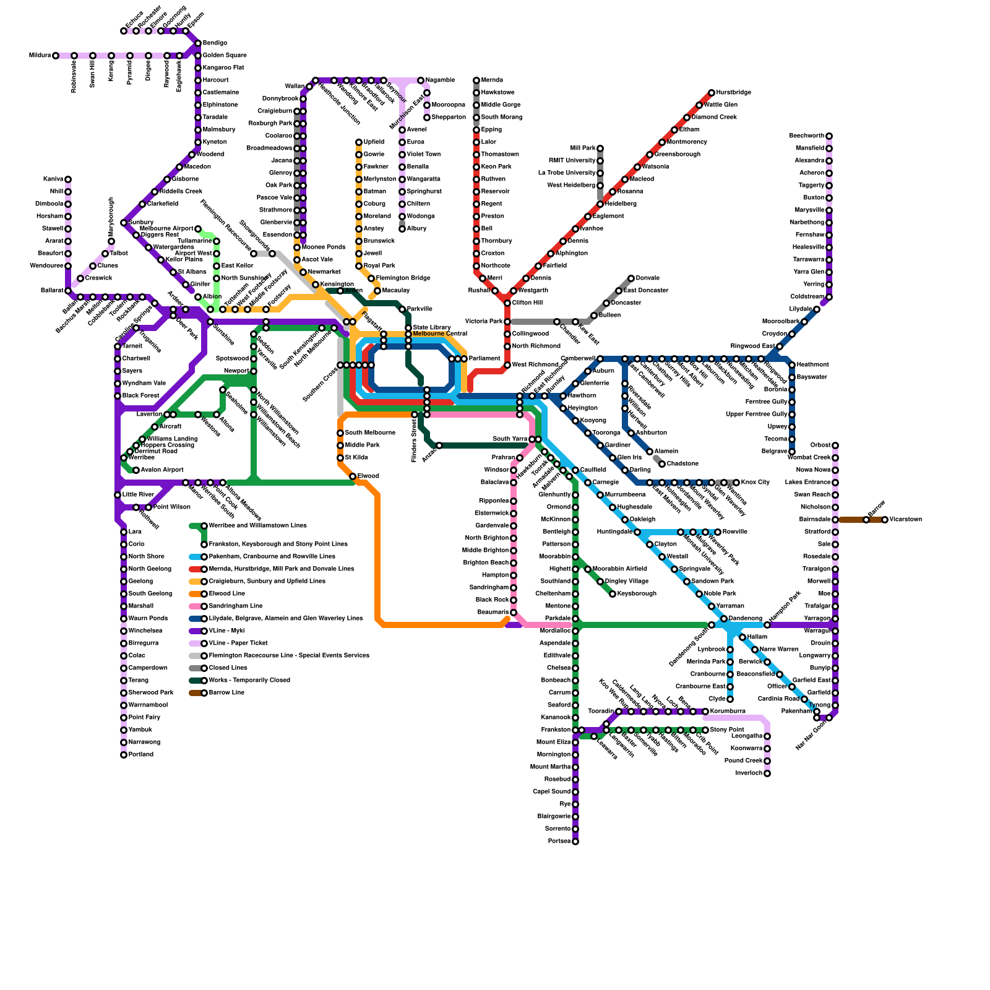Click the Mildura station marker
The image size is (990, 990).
[56, 56]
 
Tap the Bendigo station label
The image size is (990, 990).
[215, 43]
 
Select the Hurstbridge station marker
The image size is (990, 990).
[712, 93]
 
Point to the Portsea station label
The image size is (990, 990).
[559, 841]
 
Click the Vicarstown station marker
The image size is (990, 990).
[885, 520]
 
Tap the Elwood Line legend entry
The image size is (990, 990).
[227, 594]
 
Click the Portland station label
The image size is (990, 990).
[141, 755]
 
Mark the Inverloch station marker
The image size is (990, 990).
[767, 773]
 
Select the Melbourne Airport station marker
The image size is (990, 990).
[198, 229]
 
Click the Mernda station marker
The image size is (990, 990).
[476, 80]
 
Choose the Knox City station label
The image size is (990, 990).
[755, 483]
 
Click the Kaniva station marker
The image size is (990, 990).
[68, 179]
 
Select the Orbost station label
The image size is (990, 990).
[820, 445]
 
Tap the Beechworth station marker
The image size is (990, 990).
[829, 136]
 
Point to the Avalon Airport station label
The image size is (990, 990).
[162, 470]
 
